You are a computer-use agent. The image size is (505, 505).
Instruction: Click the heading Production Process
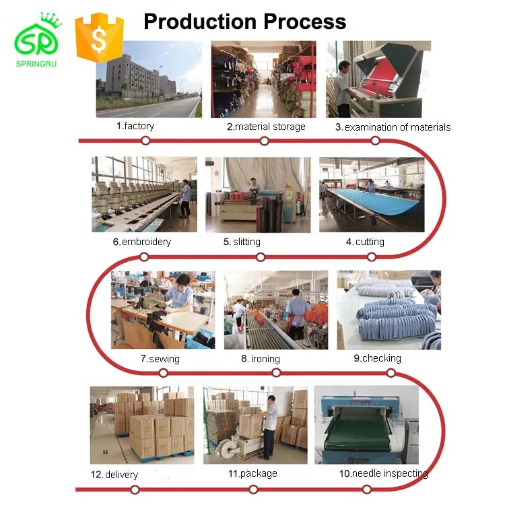(245, 22)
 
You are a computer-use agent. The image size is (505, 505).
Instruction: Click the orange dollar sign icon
(99, 38)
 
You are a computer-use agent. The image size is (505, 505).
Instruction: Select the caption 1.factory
(135, 126)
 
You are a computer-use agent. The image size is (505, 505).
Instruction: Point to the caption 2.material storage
(265, 127)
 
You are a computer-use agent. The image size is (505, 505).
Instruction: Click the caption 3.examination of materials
(393, 127)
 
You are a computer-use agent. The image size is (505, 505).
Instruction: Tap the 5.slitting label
(242, 242)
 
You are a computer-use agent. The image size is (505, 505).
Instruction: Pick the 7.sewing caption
(160, 359)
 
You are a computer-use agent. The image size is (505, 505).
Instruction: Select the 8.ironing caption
(260, 359)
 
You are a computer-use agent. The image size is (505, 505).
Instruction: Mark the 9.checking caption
(377, 358)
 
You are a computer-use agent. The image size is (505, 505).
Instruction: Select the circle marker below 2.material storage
(264, 141)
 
